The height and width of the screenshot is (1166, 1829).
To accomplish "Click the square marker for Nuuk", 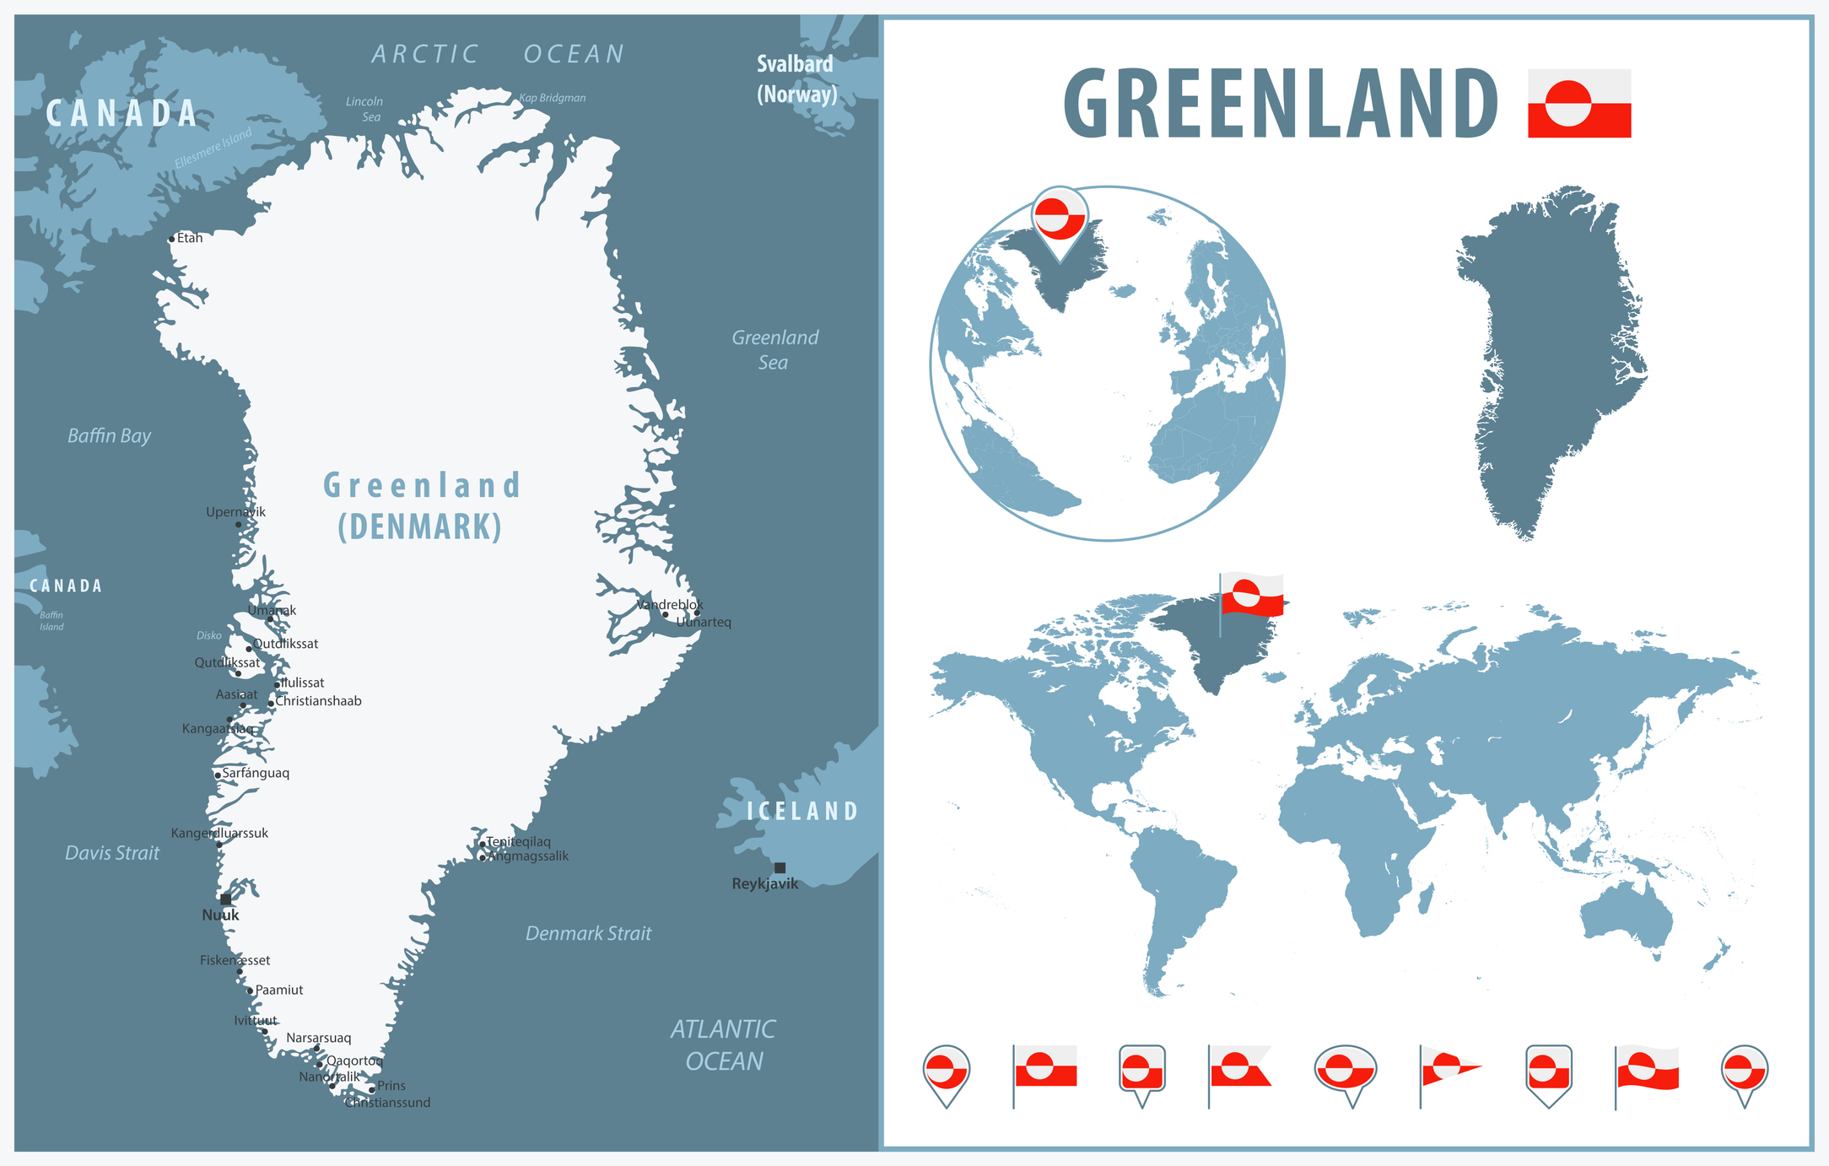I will click(225, 899).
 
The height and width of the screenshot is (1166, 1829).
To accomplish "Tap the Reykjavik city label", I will click(764, 883).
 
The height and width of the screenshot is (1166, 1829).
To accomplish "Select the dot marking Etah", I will click(171, 239).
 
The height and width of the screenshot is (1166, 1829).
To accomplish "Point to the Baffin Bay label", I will click(109, 435).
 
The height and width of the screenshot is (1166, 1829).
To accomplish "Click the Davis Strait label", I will click(112, 853).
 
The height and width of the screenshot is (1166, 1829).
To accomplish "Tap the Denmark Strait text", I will click(588, 933).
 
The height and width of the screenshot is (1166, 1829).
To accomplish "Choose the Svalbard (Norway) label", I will click(796, 78).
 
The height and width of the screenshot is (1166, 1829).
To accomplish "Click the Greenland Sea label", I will click(774, 349).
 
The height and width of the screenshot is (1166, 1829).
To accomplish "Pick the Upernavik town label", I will click(235, 511).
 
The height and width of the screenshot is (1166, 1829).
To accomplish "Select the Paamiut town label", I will click(279, 990).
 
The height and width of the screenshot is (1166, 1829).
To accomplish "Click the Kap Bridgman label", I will click(552, 98).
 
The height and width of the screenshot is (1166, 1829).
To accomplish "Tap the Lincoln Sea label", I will click(365, 109).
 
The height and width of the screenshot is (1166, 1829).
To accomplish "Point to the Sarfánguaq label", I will click(256, 773).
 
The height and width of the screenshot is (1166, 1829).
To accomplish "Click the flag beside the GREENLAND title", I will click(1578, 103).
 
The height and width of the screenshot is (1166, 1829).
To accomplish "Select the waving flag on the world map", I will click(1252, 596).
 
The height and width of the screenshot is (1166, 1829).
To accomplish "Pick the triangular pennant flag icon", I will click(1448, 1070).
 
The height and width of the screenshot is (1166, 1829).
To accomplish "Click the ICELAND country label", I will click(801, 812).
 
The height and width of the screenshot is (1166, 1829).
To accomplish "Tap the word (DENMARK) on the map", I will click(420, 526).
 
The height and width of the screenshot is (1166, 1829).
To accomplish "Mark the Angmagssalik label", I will click(528, 856).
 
